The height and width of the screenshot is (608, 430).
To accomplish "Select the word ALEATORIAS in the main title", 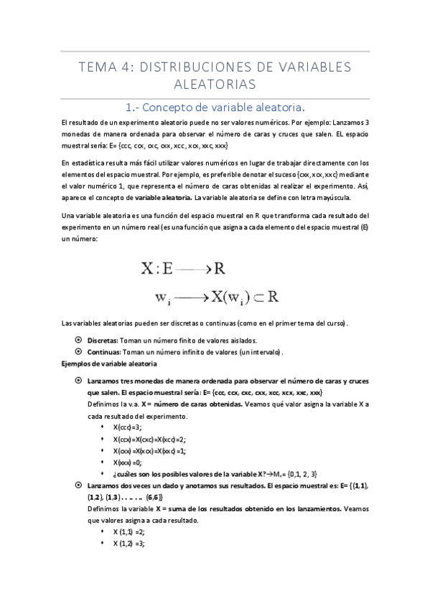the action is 215,85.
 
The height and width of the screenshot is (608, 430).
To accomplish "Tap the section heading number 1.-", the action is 134,108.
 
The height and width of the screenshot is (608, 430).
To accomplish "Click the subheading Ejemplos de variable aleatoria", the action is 105,364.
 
